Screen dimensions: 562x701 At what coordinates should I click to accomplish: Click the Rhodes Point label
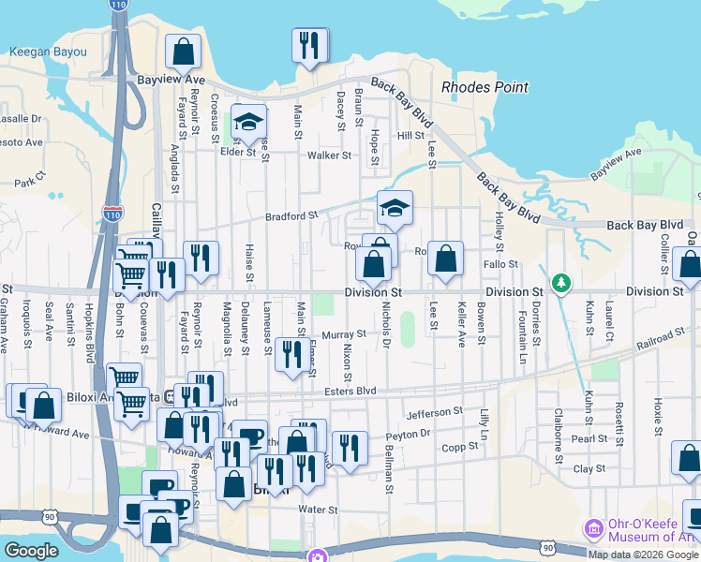485,88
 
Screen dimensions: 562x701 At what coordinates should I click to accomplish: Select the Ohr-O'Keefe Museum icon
593,529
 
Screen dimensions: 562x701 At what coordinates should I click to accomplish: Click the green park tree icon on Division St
561,282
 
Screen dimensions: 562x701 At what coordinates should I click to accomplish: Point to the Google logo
31,551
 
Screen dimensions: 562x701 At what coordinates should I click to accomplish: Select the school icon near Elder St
249,120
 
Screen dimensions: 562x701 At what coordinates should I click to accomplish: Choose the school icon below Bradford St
395,207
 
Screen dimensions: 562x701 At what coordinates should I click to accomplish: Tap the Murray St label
343,334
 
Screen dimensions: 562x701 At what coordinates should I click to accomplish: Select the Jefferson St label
435,412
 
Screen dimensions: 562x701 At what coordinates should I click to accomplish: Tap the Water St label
317,510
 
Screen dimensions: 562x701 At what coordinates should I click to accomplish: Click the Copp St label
460,447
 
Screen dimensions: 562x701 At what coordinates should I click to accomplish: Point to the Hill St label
410,136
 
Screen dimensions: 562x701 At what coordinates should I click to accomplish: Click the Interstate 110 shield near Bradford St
112,214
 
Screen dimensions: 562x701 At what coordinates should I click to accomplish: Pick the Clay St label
589,468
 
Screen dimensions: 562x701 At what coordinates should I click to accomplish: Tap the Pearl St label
589,438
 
